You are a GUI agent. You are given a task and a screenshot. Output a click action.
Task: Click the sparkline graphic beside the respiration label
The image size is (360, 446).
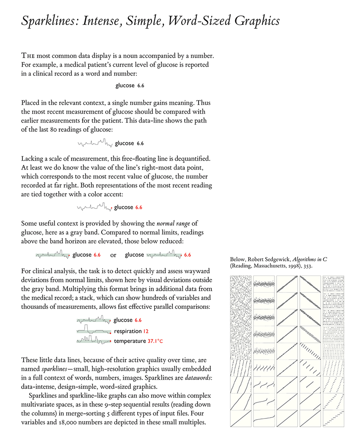pos(93,329)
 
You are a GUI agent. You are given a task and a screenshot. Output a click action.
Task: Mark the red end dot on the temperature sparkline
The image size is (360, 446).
pos(111,341)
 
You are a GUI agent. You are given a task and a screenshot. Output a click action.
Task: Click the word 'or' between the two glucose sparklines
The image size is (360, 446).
pos(113,255)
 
